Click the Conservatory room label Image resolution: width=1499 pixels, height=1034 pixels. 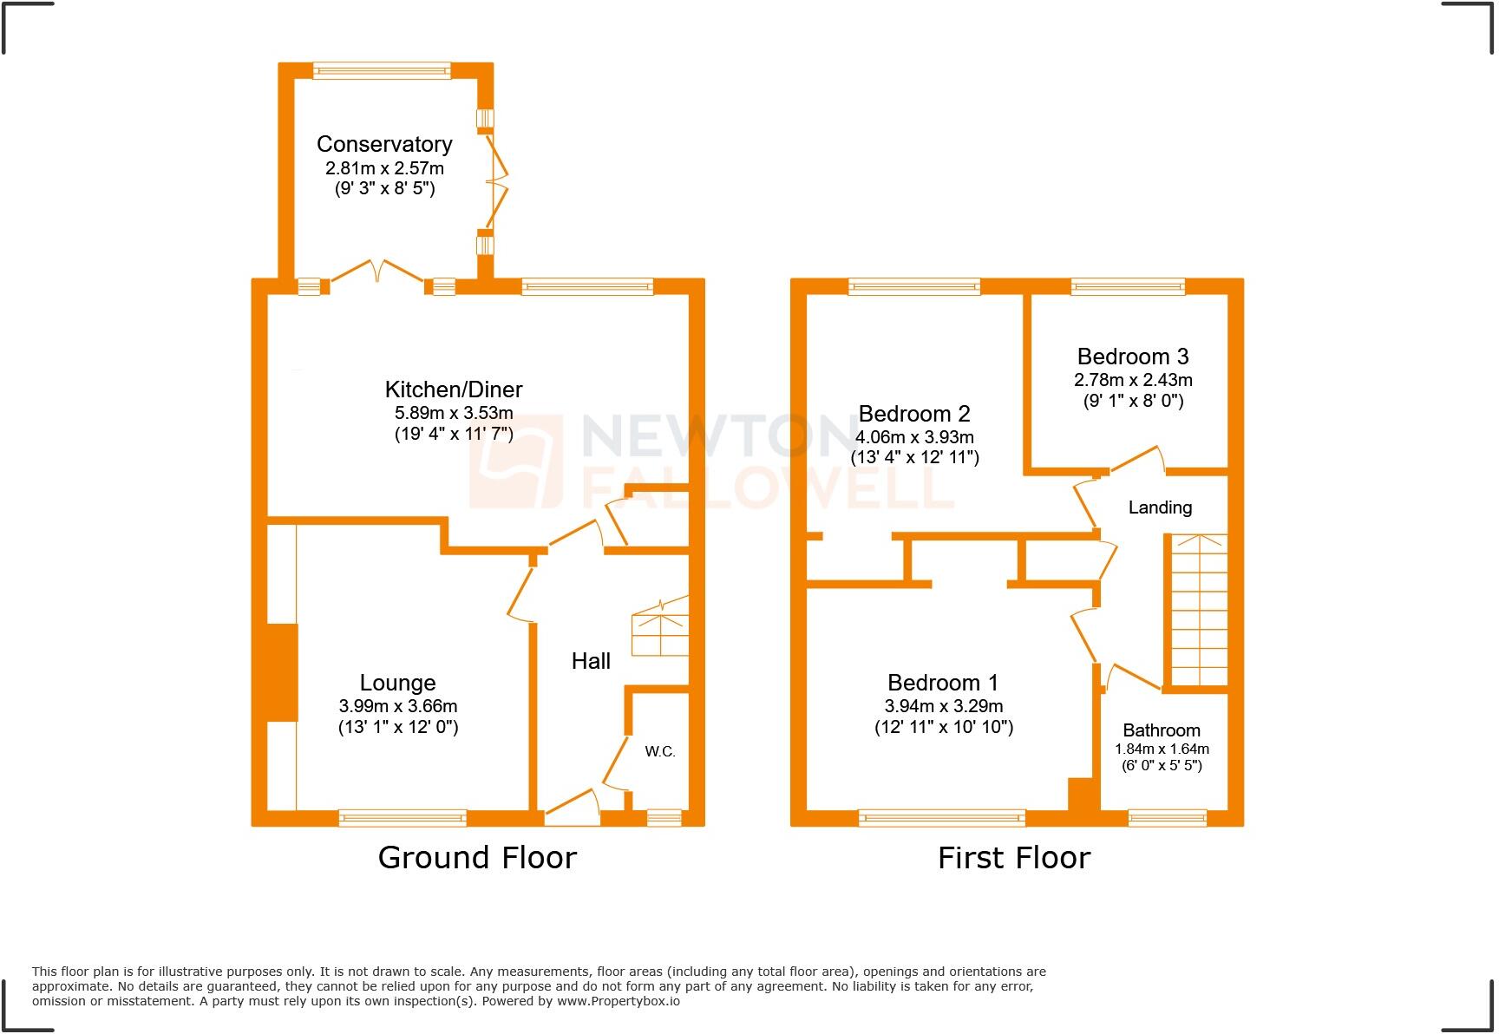point(384,144)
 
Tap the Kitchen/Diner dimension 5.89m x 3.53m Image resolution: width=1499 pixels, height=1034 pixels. point(454,413)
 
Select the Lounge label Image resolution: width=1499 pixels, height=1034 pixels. point(397,683)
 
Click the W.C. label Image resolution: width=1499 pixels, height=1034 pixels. point(660,751)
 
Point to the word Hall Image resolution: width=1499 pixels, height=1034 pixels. point(591,661)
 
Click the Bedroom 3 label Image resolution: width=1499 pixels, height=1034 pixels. point(1133,357)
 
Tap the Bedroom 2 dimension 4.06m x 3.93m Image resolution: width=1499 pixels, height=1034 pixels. point(914,437)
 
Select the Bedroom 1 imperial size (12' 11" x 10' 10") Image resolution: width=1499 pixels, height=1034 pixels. point(943,727)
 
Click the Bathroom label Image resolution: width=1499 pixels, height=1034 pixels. point(1162,730)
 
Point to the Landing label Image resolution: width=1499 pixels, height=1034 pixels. point(1160,507)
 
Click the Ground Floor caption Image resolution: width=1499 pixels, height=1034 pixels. point(477,858)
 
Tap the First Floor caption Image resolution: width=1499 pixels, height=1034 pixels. point(1013,858)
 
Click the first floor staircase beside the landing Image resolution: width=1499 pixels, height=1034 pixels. point(1195,612)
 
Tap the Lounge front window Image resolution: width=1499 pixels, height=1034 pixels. point(403,817)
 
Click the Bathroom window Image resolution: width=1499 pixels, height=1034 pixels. point(1167,817)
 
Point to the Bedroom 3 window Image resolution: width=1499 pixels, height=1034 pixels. point(1128,286)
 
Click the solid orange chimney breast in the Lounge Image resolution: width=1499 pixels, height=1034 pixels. point(282,671)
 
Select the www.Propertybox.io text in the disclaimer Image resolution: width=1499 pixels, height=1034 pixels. point(618,1001)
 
